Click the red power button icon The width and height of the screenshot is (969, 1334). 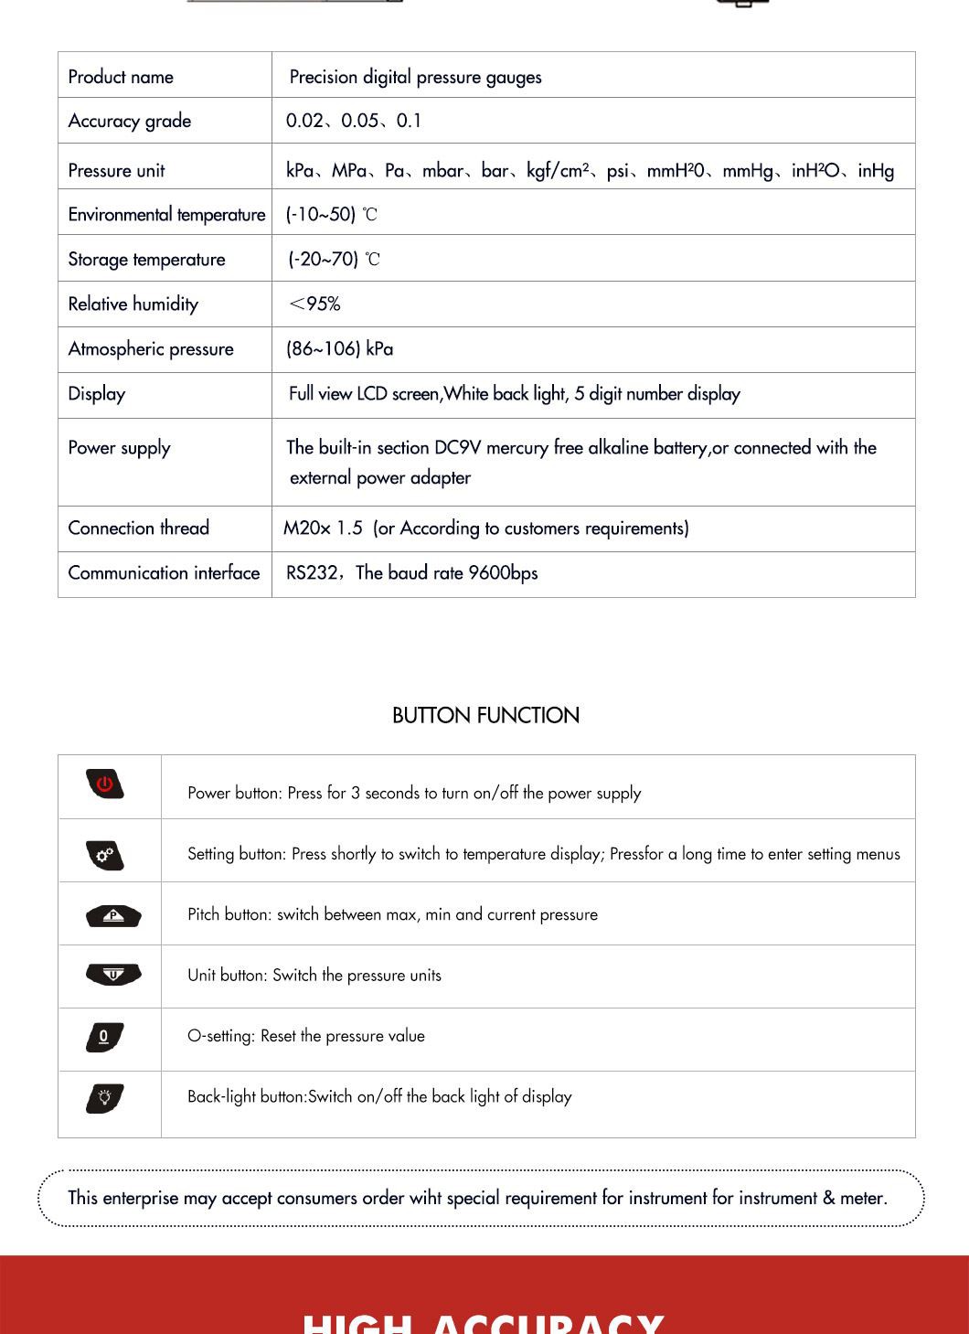tap(105, 784)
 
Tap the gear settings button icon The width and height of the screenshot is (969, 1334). tap(105, 855)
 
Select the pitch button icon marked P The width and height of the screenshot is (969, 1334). tap(113, 915)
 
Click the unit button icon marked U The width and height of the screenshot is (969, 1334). tap(113, 975)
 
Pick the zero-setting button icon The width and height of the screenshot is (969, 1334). tap(104, 1037)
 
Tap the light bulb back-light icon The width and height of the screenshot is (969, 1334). tap(105, 1098)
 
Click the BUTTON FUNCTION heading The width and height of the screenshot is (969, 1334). tap(485, 715)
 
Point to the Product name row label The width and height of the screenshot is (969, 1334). tap(121, 77)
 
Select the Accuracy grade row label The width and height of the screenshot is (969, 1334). tap(130, 121)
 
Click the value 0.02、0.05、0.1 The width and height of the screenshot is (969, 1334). tap(353, 121)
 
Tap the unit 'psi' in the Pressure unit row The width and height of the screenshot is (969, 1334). tap(618, 171)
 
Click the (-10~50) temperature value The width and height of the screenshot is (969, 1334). tap(321, 215)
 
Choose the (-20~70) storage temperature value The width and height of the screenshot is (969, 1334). tap(324, 260)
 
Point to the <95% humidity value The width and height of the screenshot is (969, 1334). tap(314, 304)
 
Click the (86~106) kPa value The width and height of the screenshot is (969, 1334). tap(339, 349)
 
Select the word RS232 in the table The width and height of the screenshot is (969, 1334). tap(312, 573)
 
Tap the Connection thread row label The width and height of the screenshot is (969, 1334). tap(139, 528)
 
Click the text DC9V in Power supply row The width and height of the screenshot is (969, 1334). tap(457, 448)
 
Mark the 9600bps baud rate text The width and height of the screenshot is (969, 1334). tap(503, 573)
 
